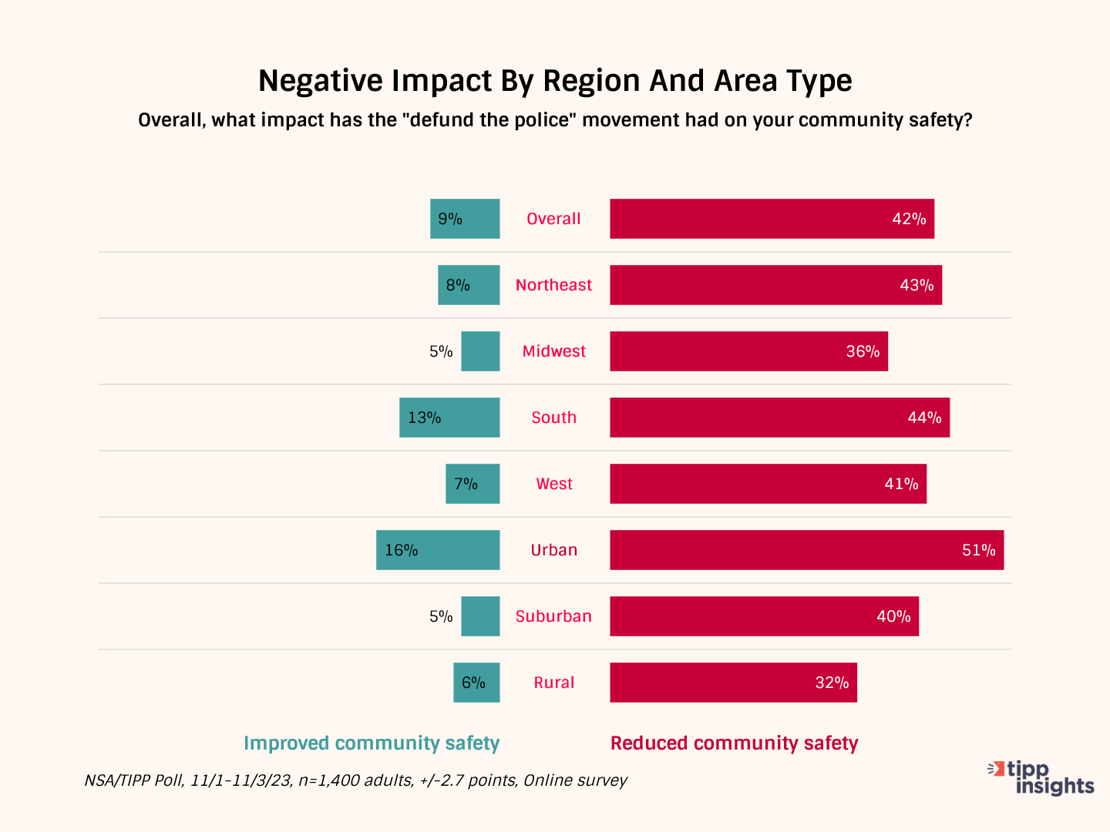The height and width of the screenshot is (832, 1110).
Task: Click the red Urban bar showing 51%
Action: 806,550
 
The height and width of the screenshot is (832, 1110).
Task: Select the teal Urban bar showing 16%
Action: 438,550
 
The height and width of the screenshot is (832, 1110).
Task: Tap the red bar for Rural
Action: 733,683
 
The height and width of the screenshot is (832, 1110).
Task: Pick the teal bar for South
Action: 449,418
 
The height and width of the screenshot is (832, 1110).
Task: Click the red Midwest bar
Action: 748,351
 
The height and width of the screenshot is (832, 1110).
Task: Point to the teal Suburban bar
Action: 480,616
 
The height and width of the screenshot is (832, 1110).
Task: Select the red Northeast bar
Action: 775,285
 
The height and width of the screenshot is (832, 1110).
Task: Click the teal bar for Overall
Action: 465,219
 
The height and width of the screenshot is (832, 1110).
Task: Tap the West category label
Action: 554,484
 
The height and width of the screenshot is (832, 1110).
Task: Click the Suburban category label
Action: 553,616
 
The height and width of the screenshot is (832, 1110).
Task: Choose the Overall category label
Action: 553,219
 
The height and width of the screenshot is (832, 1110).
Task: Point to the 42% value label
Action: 909,219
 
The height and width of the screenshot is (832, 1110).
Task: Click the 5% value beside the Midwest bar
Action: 441,352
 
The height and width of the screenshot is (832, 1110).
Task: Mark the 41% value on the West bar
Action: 901,484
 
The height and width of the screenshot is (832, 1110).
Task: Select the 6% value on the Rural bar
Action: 473,683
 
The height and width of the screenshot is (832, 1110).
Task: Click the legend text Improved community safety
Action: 372,743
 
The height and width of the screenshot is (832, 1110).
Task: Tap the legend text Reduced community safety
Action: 734,743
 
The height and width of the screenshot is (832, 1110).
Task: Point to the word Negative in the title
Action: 319,81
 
